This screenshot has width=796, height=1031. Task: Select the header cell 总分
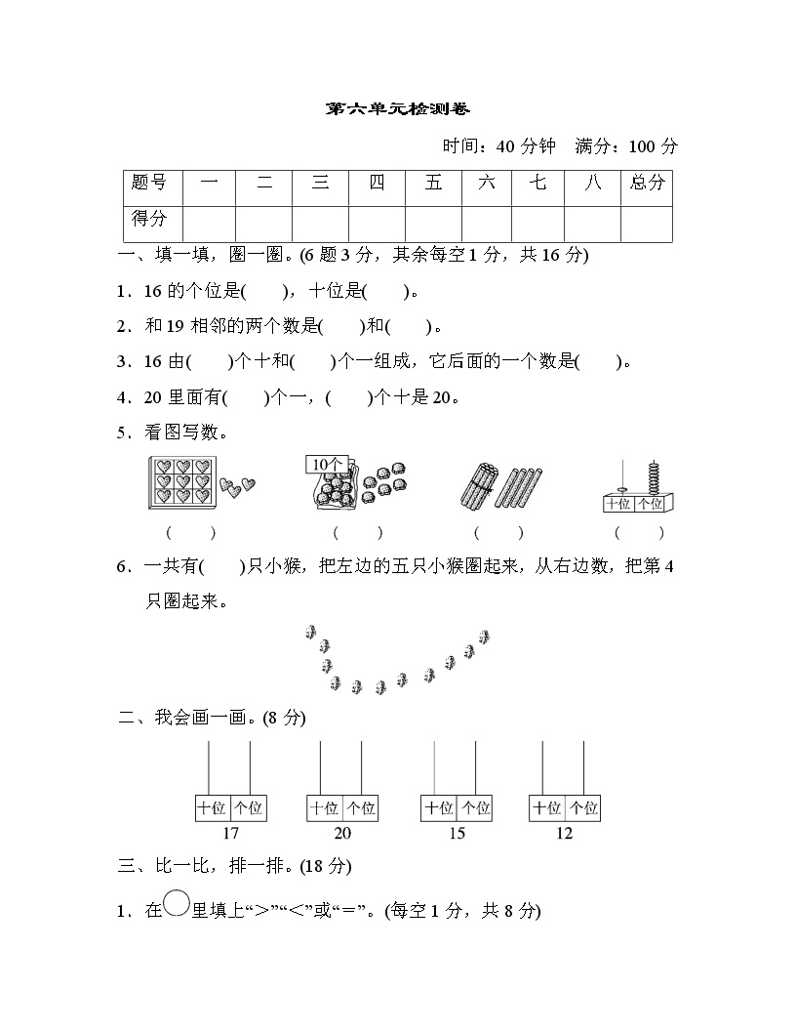pos(647,183)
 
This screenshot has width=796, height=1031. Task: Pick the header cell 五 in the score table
pos(433,183)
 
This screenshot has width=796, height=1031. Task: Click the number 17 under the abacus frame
pos(230,833)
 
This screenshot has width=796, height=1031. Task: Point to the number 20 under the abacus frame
pos(342,833)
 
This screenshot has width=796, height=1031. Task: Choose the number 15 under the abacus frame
pos(456,833)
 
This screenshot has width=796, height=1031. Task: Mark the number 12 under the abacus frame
pos(565,833)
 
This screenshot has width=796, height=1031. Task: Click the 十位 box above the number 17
pos(213,808)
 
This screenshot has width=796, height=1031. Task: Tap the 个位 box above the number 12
pos(583,808)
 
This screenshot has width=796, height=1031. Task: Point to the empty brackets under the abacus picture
pos(639,532)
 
